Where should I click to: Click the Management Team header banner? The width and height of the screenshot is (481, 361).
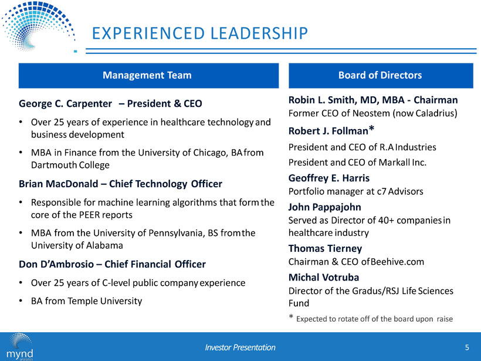pyautogui.click(x=148, y=76)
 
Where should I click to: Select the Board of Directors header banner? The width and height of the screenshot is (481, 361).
pyautogui.click(x=381, y=76)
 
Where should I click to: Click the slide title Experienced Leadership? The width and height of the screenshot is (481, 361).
pyautogui.click(x=199, y=33)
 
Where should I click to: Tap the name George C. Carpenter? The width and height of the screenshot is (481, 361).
pyautogui.click(x=65, y=103)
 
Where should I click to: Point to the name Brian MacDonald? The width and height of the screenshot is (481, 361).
pyautogui.click(x=59, y=184)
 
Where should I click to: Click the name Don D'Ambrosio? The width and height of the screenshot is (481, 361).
pyautogui.click(x=56, y=264)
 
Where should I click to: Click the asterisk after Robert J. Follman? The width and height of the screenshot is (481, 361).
pyautogui.click(x=371, y=129)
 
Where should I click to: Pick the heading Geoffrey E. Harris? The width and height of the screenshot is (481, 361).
pyautogui.click(x=329, y=178)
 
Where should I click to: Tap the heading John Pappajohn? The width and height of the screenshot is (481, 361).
pyautogui.click(x=324, y=207)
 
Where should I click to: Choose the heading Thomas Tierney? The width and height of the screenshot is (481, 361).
pyautogui.click(x=325, y=248)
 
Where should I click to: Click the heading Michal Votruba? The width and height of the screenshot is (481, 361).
pyautogui.click(x=324, y=277)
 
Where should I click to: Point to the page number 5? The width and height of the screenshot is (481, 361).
pyautogui.click(x=467, y=347)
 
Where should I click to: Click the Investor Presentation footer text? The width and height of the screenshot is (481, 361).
pyautogui.click(x=240, y=347)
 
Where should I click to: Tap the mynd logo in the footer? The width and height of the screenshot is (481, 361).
pyautogui.click(x=20, y=346)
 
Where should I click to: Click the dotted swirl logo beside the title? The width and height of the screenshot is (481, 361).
pyautogui.click(x=38, y=26)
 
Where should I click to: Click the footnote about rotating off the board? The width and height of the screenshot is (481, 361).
pyautogui.click(x=371, y=319)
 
